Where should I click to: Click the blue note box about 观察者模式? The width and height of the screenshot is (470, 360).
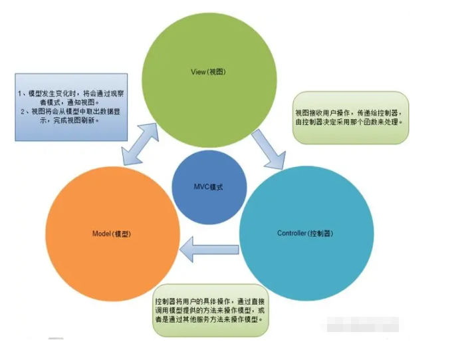(70, 107)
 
